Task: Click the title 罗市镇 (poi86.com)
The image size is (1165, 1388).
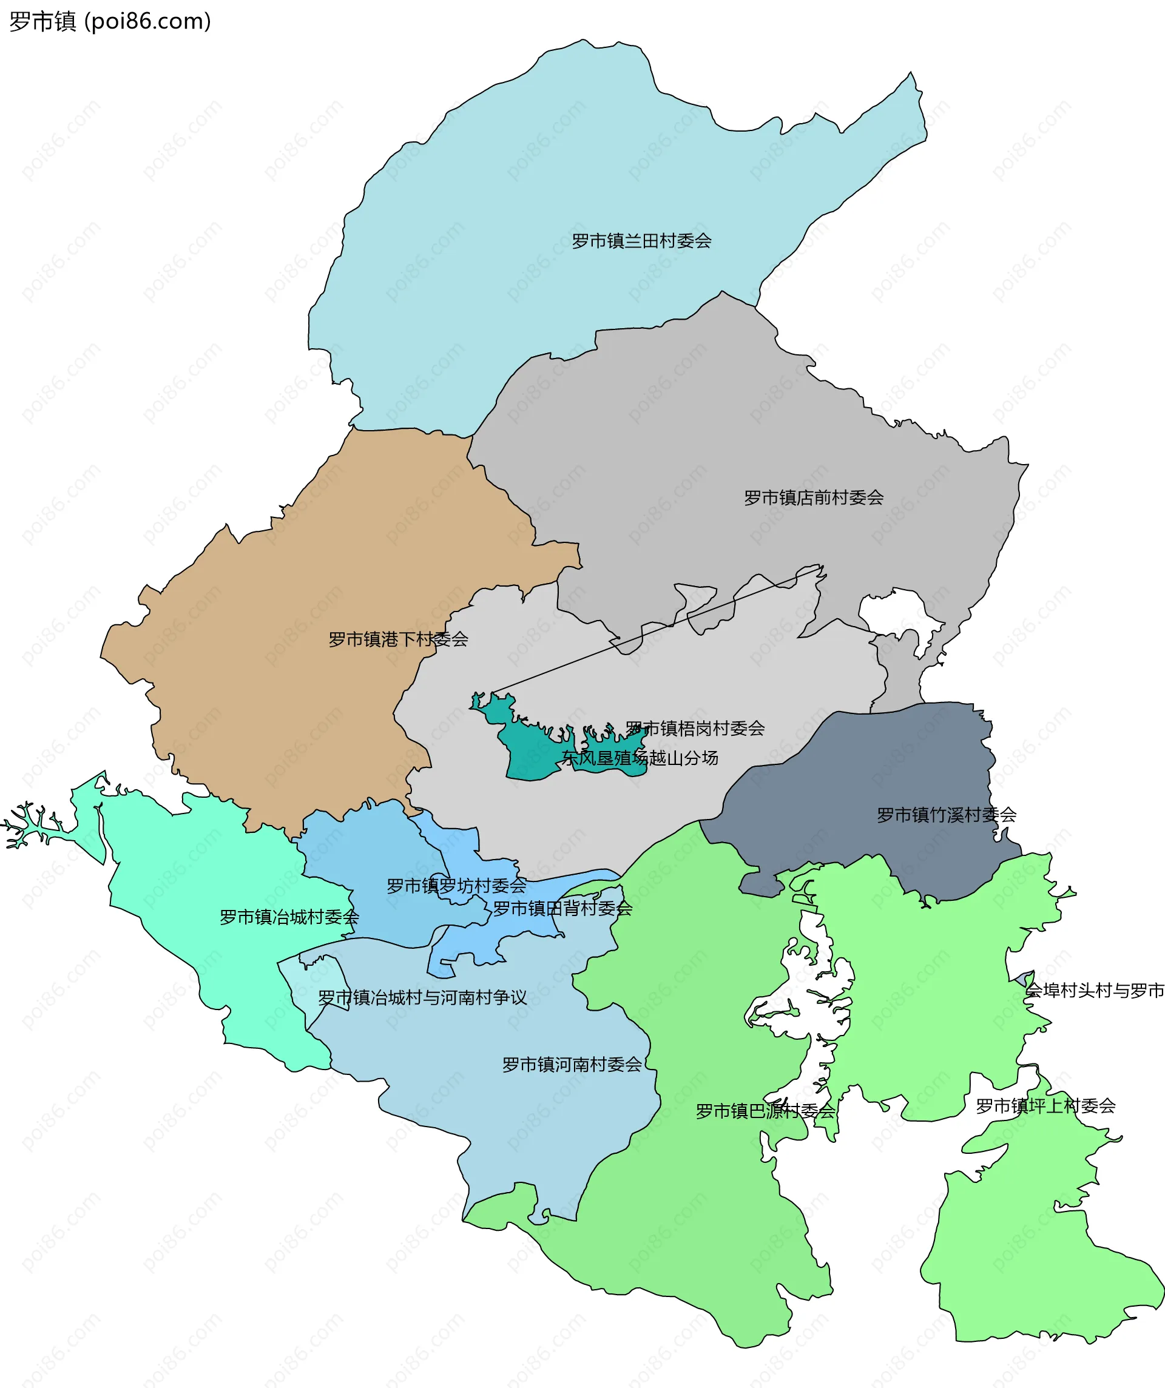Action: click(x=110, y=21)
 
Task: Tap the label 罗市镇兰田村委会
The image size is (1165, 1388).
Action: click(x=641, y=241)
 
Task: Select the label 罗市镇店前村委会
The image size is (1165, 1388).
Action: click(x=813, y=497)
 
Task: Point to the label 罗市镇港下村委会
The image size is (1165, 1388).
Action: click(x=398, y=639)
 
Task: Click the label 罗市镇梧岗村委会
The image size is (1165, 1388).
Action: click(x=695, y=729)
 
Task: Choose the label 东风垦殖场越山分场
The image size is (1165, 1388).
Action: click(x=640, y=758)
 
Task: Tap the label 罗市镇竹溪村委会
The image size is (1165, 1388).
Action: click(x=946, y=815)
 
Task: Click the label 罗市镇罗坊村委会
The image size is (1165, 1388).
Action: click(x=456, y=886)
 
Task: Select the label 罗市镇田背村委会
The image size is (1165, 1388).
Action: click(x=562, y=909)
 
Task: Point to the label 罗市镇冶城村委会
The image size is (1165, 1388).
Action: click(x=289, y=917)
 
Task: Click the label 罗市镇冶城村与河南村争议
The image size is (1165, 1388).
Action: click(x=422, y=997)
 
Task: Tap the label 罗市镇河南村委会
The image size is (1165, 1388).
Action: click(x=572, y=1065)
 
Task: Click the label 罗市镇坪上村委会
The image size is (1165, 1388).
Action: click(x=1045, y=1106)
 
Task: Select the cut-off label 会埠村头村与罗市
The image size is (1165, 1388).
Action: click(x=1094, y=990)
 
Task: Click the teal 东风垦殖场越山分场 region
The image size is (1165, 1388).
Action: click(x=529, y=753)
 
